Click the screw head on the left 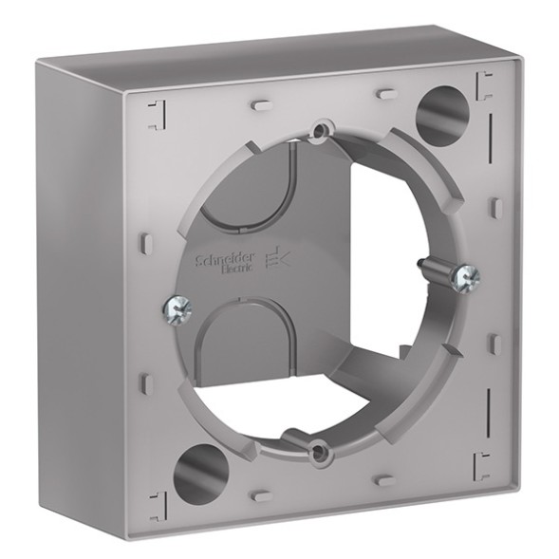coord(176,307)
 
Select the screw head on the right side coord(467,277)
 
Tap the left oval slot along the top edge coord(261,98)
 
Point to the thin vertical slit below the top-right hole coord(492,166)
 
